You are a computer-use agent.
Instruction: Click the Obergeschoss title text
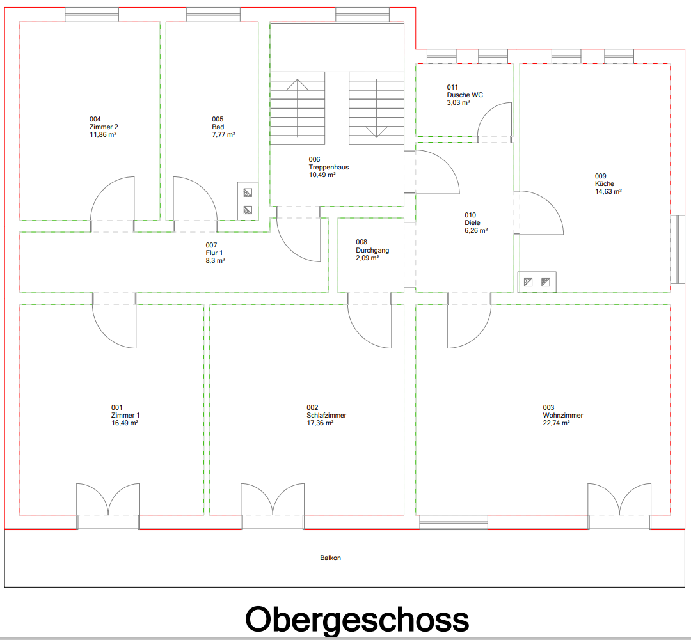pos(357,620)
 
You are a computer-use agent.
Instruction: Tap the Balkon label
pos(331,558)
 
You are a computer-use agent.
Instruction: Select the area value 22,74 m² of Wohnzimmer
pos(556,423)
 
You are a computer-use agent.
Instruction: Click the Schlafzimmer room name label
pos(326,416)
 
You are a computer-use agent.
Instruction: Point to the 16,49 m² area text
pos(125,423)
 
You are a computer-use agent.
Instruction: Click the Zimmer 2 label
pos(104,127)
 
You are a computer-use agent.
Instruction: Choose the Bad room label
pos(218,127)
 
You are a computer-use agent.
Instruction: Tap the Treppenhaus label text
pos(328,168)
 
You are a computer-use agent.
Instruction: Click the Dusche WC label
pos(465,95)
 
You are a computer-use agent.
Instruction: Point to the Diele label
pos(471,223)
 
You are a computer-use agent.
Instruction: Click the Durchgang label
pos(372,251)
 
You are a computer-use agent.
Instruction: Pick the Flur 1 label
pos(215,253)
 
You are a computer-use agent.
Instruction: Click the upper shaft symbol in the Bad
pos(248,192)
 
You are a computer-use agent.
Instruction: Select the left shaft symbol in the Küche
pos(528,281)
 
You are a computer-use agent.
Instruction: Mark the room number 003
pos(548,408)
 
